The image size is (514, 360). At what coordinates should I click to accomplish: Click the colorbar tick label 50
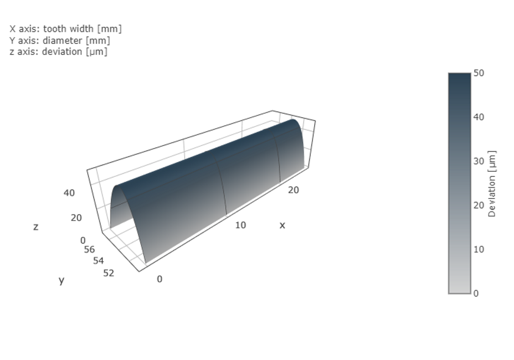point(479,73)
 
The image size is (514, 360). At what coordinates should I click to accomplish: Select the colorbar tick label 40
point(479,117)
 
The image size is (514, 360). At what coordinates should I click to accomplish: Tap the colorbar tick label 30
point(479,161)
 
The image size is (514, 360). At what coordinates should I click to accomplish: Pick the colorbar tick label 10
point(479,249)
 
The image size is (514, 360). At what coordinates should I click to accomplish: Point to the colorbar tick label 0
point(476,294)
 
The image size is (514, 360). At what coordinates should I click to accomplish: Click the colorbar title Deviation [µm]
point(492,184)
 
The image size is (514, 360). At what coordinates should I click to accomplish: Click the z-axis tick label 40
point(69,193)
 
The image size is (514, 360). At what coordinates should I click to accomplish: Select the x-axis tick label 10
point(240,225)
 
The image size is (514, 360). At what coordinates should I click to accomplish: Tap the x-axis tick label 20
point(293,190)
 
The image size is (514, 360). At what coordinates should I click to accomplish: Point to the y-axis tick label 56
point(89,249)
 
